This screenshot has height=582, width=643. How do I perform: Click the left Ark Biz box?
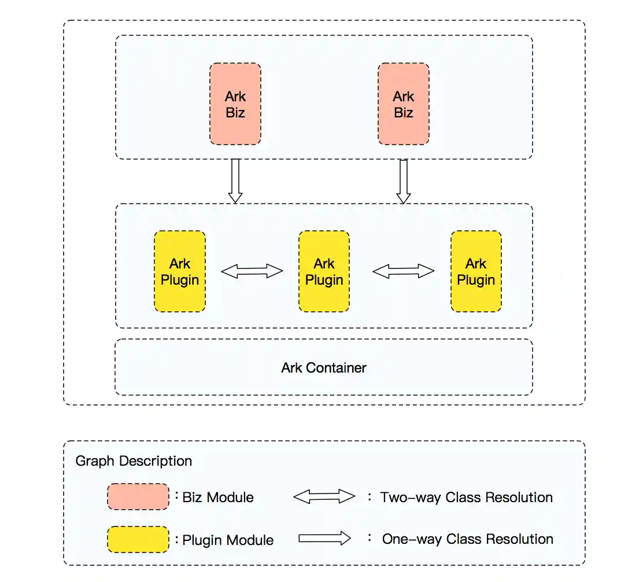click(x=235, y=104)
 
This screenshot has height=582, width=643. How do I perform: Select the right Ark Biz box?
click(x=403, y=104)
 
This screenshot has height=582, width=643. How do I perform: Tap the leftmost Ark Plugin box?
click(x=179, y=271)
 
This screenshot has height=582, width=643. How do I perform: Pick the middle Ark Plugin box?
click(x=324, y=271)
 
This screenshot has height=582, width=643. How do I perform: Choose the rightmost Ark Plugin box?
click(x=475, y=271)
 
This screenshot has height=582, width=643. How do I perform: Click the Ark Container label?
click(x=323, y=367)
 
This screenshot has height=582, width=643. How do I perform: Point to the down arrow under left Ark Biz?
click(x=235, y=181)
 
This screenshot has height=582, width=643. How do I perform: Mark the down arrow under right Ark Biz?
click(x=403, y=181)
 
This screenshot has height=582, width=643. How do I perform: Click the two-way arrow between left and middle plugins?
click(x=252, y=271)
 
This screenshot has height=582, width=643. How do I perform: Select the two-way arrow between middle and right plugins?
click(x=403, y=271)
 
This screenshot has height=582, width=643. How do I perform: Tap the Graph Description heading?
click(x=134, y=461)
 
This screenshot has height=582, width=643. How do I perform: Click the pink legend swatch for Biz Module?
click(x=138, y=497)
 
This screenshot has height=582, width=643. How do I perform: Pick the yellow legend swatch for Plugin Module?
click(x=138, y=539)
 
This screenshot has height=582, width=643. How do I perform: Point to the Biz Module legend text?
click(x=217, y=497)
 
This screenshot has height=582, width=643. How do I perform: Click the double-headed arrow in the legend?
click(x=324, y=496)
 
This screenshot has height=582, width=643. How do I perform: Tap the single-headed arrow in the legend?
click(x=324, y=538)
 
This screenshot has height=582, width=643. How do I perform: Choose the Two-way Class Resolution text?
click(x=466, y=498)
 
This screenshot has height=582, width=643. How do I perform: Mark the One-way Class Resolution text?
click(x=467, y=539)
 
